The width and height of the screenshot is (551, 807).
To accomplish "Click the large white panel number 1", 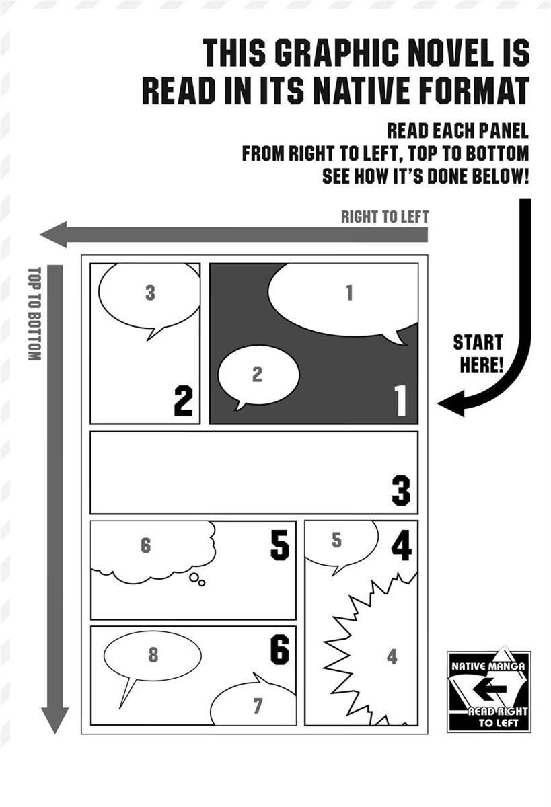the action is tap(400, 400).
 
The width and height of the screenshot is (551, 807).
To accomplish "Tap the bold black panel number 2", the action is tap(183, 401).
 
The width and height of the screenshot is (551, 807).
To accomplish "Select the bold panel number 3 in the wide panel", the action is tap(401, 490).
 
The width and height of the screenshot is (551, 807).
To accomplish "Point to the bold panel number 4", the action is tap(402, 545).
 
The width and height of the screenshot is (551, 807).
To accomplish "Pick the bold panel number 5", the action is tap(280, 545).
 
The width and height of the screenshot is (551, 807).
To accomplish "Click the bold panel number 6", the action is tap(280, 649).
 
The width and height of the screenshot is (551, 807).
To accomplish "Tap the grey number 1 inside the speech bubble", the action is tap(349, 293).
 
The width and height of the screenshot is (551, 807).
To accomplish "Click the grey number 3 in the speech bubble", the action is tap(150, 293).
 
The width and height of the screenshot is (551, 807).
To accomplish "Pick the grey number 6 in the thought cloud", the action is tap(145, 545).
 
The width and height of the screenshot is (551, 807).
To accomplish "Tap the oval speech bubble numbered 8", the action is tap(152, 656).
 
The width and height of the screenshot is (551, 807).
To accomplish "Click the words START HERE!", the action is tap(478, 354).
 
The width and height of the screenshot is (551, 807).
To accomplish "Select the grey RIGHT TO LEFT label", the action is tap(385, 217).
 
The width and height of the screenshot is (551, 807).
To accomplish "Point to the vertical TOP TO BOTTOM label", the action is tap(34, 314).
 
